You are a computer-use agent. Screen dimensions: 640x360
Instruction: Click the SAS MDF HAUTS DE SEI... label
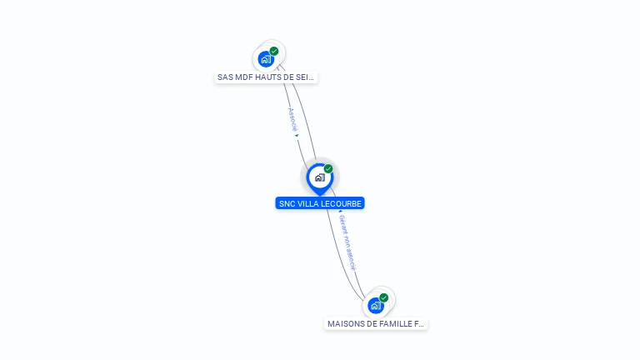pyautogui.click(x=266, y=77)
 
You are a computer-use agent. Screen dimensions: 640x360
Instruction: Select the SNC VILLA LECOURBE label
pyautogui.click(x=320, y=203)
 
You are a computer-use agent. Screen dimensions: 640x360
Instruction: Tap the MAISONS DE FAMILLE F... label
pyautogui.click(x=376, y=323)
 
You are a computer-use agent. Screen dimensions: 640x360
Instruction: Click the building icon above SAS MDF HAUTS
pyautogui.click(x=266, y=59)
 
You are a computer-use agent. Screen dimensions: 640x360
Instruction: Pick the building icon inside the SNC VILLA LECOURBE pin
pyautogui.click(x=319, y=177)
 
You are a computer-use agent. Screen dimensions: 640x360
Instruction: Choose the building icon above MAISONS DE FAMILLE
pyautogui.click(x=376, y=306)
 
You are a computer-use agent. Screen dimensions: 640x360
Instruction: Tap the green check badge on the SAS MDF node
pyautogui.click(x=274, y=52)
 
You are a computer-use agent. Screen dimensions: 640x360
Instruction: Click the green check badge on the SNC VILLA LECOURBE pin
pyautogui.click(x=328, y=169)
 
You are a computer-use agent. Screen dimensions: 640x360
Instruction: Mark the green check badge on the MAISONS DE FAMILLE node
pyautogui.click(x=384, y=297)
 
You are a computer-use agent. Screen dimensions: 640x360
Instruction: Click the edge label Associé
pyautogui.click(x=292, y=119)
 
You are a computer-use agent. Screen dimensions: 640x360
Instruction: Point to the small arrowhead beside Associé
pyautogui.click(x=297, y=136)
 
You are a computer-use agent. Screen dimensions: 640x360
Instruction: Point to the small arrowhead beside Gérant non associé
pyautogui.click(x=340, y=212)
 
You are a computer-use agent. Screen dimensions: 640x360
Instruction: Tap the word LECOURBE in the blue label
pyautogui.click(x=344, y=203)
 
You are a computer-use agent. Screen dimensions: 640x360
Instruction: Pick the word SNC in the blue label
pyautogui.click(x=287, y=203)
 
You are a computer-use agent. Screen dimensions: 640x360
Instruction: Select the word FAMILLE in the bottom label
pyautogui.click(x=397, y=323)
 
